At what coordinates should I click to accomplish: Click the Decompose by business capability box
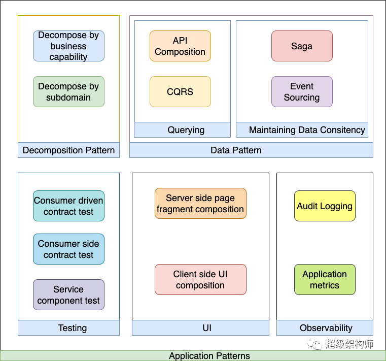coord(68,46)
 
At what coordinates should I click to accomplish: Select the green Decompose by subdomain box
coord(68,92)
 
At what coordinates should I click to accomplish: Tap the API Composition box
coord(180,46)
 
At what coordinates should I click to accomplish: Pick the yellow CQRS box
coord(180,92)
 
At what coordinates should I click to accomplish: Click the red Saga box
coord(302,46)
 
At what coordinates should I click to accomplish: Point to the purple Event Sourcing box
coord(302,92)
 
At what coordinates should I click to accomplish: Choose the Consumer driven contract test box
coord(68,206)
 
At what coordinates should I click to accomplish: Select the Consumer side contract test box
coord(68,249)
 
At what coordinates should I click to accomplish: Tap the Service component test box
coord(68,294)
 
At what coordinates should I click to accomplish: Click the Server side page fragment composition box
coord(201,203)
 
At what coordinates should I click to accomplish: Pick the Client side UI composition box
coord(201,279)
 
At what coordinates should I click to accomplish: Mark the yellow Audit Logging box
coord(325,206)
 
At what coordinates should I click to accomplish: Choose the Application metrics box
coord(325,279)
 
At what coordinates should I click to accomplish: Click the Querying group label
coord(183,129)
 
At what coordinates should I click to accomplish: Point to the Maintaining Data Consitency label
coord(302,129)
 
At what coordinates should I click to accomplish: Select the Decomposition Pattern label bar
coord(68,150)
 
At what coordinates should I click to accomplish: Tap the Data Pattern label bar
coord(252,150)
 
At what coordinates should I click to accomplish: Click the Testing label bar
coord(68,327)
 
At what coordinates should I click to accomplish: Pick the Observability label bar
coord(325,327)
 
